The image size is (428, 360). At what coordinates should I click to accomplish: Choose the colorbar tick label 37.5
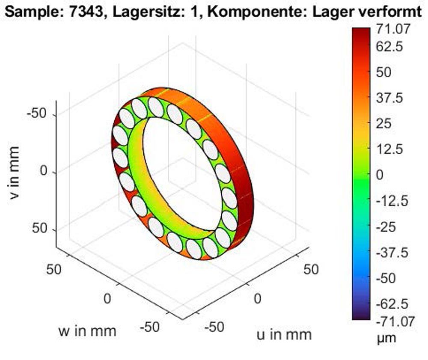coord(390,98)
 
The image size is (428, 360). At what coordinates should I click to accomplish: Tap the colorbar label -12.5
coord(392,201)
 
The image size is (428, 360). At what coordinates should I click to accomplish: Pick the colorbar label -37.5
coord(392,253)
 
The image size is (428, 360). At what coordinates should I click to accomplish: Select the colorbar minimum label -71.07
coord(395,321)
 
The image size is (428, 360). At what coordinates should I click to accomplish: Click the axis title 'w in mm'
coord(87,330)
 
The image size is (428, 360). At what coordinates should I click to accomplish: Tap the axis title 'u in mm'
coord(284,334)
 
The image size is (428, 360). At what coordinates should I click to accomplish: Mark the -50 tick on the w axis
coord(150,327)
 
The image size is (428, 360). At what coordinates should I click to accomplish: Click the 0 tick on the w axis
coord(107,298)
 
